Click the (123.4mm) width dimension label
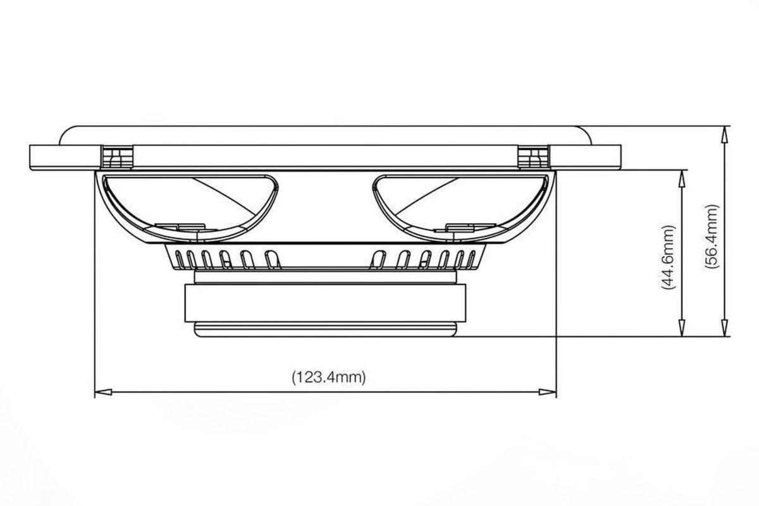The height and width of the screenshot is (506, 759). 329,378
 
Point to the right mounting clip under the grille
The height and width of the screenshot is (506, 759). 533,157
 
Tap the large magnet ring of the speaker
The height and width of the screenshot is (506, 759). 325,303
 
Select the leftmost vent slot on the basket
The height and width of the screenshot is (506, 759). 180,259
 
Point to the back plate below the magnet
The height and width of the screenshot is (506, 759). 325,329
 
